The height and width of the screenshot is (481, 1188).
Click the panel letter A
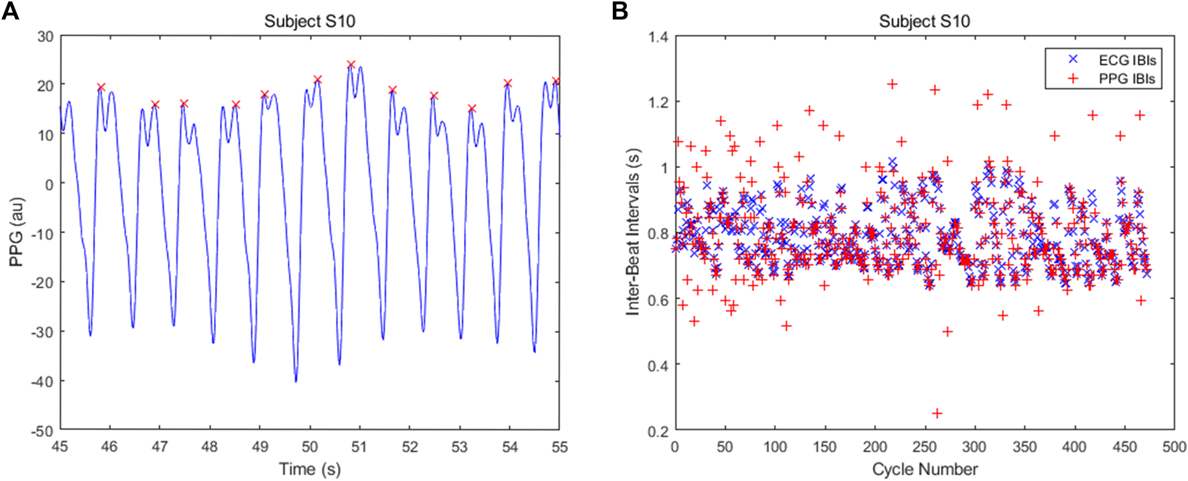coord(10,11)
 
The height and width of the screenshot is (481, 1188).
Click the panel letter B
coord(619,11)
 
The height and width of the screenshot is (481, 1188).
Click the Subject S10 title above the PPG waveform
coord(310,21)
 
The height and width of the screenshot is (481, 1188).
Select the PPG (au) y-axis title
coord(16,232)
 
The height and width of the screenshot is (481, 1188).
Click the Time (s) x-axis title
coord(310,469)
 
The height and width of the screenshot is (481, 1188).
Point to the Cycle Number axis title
coord(925,469)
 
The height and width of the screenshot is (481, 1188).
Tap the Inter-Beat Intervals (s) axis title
coord(633,232)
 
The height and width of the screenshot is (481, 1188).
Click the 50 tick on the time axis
coord(310,447)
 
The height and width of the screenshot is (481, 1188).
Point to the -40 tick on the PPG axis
coord(44,381)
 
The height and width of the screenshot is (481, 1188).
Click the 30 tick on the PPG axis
coord(46,36)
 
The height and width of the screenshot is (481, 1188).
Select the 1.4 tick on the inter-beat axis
coord(658,36)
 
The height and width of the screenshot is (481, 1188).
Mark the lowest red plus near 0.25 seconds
coord(937,413)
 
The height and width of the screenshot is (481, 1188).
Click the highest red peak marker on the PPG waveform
coord(351,65)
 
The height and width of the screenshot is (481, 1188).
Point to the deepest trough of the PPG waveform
coord(296,381)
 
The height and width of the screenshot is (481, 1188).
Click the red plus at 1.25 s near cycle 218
coord(892,84)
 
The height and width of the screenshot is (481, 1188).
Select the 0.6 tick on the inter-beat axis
coord(658,299)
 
